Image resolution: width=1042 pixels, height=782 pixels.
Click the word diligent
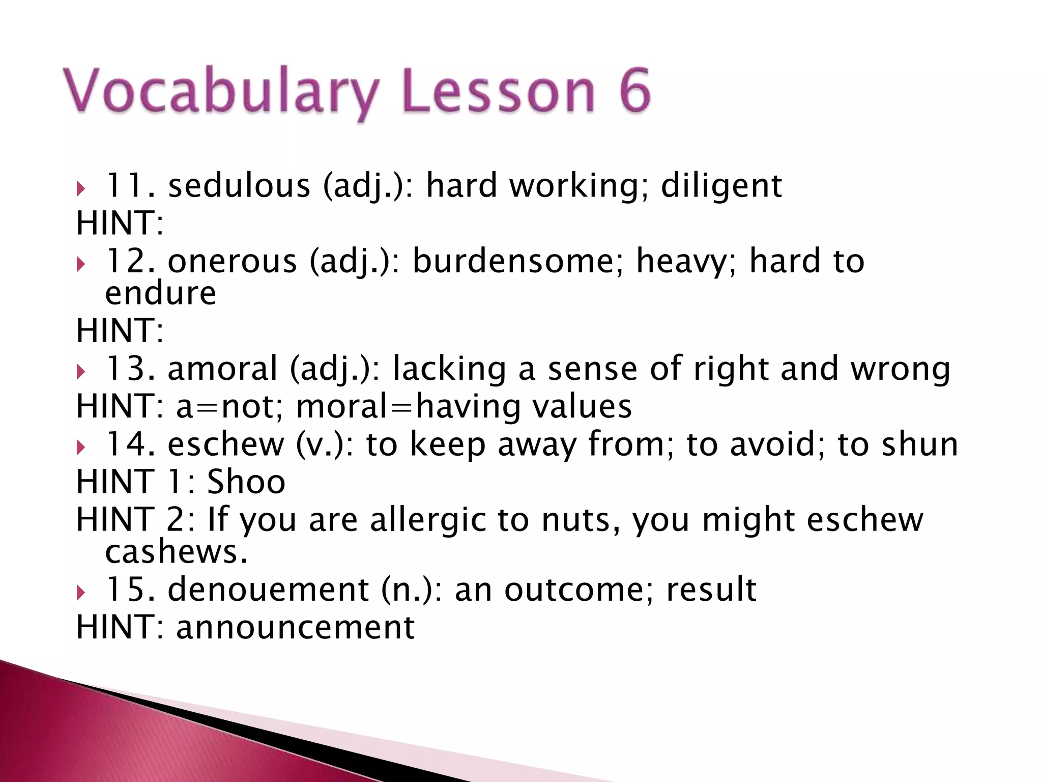click(721, 186)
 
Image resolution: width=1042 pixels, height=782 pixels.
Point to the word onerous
click(232, 261)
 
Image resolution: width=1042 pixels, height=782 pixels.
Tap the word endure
click(161, 294)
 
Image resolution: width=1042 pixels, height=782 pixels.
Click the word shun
click(920, 444)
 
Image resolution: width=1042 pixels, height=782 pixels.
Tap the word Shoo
click(246, 482)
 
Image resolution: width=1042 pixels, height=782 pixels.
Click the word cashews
click(176, 552)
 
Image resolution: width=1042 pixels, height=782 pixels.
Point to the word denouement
click(268, 590)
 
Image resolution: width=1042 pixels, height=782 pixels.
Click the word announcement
click(296, 627)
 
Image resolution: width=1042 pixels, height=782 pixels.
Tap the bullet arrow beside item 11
click(81, 189)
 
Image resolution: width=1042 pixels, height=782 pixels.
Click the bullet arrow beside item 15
click(81, 593)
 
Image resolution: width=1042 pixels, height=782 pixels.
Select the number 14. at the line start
click(130, 444)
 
